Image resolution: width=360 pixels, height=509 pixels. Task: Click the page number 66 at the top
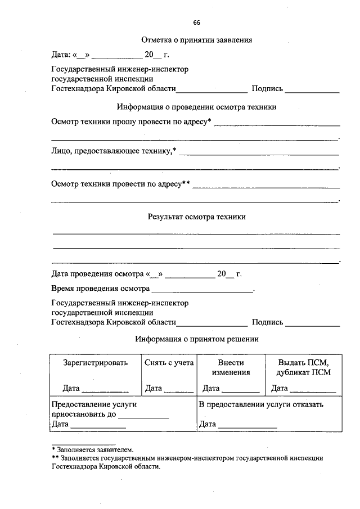coord(196,22)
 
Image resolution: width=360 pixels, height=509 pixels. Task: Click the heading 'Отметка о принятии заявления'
coord(196,40)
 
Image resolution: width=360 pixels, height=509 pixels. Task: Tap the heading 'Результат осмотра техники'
coord(196,216)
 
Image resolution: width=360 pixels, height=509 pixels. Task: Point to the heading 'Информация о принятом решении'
coord(196,339)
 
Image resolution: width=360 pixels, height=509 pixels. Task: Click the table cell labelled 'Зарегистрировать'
coord(96,363)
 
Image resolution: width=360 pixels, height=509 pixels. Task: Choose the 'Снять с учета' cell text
coord(169,363)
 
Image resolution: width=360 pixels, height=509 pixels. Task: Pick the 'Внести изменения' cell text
coord(231,367)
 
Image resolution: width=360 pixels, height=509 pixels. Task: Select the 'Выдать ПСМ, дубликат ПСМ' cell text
coord(303,367)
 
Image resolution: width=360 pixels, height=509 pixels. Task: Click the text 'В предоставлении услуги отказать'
coord(261,404)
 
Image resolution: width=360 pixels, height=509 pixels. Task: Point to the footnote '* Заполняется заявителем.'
coord(93,449)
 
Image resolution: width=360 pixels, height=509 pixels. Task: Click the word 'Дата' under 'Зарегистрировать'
coord(71,388)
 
